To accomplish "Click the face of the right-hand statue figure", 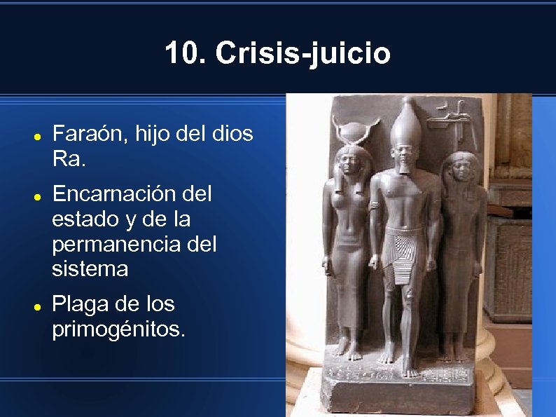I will (x=460, y=171).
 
